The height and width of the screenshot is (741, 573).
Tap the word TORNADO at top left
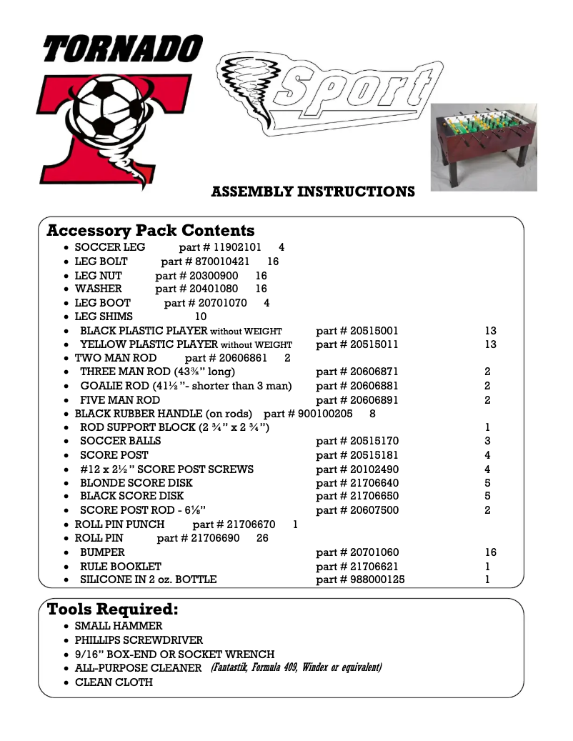click(x=122, y=49)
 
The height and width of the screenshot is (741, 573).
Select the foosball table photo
click(x=483, y=147)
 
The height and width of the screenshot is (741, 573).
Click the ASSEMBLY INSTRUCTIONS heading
click(x=313, y=192)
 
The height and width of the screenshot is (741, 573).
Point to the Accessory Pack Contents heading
click(x=150, y=231)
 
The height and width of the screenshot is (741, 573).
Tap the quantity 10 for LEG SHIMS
click(x=201, y=317)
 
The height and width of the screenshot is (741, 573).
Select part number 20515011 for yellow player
click(x=357, y=344)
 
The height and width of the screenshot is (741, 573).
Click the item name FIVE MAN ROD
click(x=120, y=400)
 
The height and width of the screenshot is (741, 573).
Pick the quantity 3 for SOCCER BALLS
click(x=487, y=441)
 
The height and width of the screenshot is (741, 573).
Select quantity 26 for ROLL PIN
click(x=262, y=538)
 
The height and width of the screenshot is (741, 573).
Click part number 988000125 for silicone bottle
click(x=360, y=580)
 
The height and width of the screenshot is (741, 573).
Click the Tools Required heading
click(x=112, y=610)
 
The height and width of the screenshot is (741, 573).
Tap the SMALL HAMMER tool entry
click(x=119, y=626)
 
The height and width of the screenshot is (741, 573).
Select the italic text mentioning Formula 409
click(x=296, y=668)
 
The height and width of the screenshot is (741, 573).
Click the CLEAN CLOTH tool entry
click(x=114, y=682)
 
